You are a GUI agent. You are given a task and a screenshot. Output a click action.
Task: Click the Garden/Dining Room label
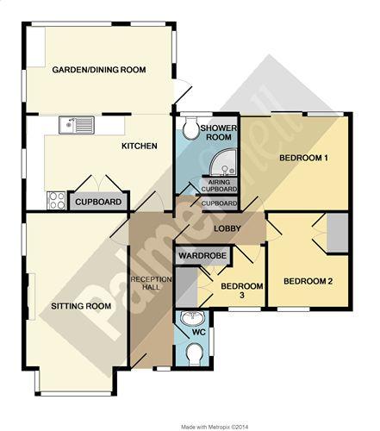coord(99,70)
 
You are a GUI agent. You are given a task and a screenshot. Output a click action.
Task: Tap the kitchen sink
coord(77,125)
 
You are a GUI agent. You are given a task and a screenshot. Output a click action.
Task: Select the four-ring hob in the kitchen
coord(56,200)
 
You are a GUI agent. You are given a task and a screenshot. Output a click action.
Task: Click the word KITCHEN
coord(140,146)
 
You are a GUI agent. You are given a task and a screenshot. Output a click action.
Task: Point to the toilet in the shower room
coord(191,128)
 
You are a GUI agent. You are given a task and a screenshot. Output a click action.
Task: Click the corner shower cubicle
coord(224,162)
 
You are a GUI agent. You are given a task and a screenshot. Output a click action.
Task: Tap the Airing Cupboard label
coord(219,185)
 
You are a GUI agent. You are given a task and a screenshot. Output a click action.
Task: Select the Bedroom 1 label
coord(304,158)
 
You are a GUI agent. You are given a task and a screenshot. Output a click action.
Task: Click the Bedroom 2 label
coord(308,281)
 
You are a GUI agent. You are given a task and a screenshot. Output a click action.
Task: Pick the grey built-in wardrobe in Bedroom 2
coord(338,233)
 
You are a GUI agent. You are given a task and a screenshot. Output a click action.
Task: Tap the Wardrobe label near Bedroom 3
coord(202,255)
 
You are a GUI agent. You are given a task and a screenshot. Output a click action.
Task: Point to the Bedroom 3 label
coord(242,290)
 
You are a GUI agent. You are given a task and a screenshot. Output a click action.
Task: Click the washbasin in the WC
coord(192,318)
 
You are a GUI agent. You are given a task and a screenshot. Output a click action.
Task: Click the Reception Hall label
coord(151,283)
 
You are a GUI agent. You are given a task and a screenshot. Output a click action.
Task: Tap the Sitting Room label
coord(81,306)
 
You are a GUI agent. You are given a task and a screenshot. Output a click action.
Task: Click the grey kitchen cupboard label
coord(98,202)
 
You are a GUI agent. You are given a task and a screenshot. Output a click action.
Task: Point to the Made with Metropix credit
coord(215,427)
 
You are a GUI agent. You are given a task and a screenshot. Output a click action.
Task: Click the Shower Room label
coord(219,133)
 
